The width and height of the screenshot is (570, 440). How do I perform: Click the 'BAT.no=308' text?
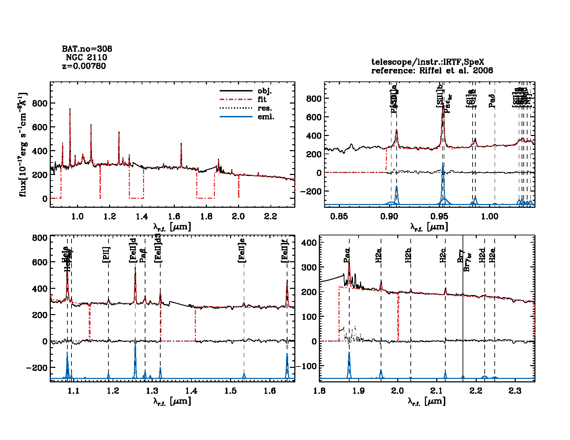87,49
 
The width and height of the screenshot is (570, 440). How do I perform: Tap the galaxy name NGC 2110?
86,57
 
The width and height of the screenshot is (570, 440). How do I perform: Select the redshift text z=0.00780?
84,66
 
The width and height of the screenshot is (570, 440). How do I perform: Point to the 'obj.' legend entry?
265,91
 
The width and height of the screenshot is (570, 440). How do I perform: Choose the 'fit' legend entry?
262,100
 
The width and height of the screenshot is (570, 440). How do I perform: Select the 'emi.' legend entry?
266,117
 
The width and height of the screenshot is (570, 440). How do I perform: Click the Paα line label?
347,256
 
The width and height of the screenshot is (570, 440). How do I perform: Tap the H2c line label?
443,255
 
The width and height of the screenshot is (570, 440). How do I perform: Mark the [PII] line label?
106,255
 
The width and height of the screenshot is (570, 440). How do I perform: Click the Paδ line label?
492,101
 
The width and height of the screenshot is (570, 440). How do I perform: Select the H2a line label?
379,255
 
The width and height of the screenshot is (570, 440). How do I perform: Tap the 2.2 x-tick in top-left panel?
270,217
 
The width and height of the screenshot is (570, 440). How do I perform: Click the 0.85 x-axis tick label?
339,217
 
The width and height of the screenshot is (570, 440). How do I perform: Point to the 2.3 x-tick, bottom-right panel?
515,391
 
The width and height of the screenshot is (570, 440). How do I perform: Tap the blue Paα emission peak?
349,353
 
